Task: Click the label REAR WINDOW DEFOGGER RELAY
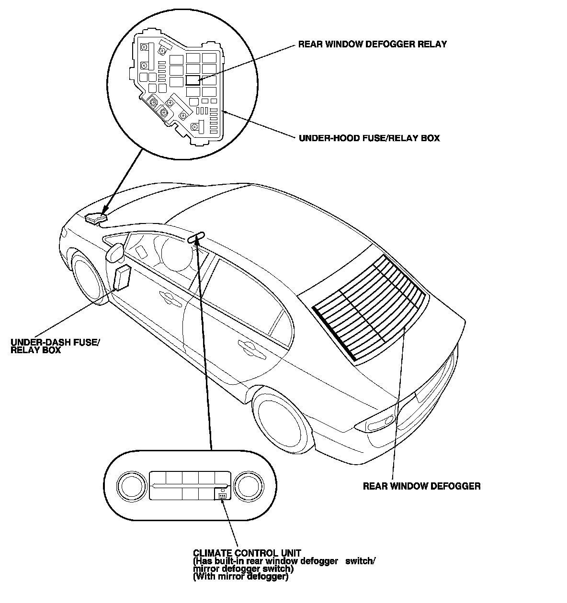pyautogui.click(x=372, y=45)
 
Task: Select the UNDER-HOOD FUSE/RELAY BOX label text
pyautogui.click(x=369, y=138)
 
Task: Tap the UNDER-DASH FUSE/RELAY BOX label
pyautogui.click(x=55, y=346)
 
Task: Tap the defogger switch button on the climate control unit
pyautogui.click(x=222, y=494)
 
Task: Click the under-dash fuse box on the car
pyautogui.click(x=122, y=278)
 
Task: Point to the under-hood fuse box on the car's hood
pyautogui.click(x=96, y=218)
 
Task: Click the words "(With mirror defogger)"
pyautogui.click(x=240, y=577)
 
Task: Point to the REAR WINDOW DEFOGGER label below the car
pyautogui.click(x=421, y=487)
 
